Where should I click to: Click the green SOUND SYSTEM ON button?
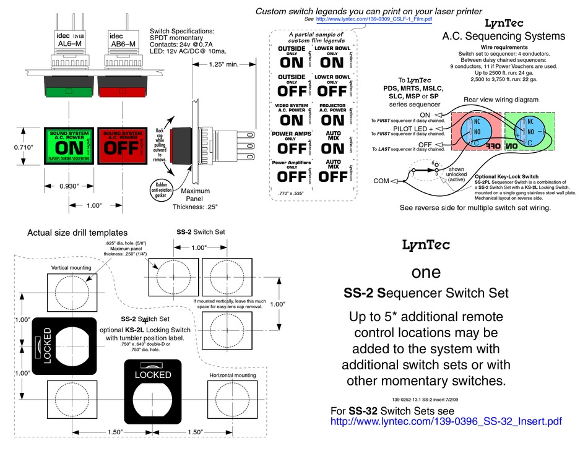pyautogui.click(x=69, y=147)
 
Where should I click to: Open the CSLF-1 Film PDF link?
pyautogui.click(x=374, y=20)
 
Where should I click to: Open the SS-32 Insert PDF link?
pyautogui.click(x=446, y=422)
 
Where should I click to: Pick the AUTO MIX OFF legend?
pyautogui.click(x=333, y=171)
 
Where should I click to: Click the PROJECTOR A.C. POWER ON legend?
pyautogui.click(x=333, y=116)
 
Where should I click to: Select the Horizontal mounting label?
pyautogui.click(x=232, y=375)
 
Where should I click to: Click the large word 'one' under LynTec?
pyautogui.click(x=426, y=272)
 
